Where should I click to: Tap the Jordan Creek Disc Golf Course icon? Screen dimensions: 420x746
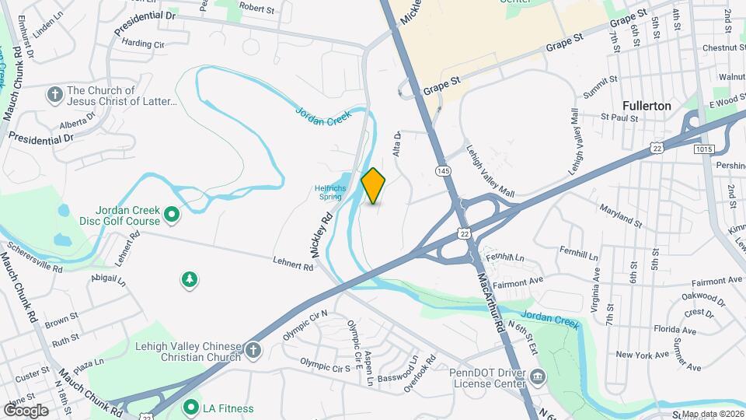coord(173,212)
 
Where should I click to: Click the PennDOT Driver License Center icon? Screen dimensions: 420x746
coord(538,379)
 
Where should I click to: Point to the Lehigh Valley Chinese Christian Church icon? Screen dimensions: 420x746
coord(253,350)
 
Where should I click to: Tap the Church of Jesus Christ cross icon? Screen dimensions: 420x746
coord(54,95)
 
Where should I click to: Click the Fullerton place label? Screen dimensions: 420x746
coord(647,105)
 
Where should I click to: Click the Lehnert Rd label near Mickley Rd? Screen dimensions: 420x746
coord(292,264)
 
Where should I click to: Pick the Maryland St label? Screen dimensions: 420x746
coord(620,217)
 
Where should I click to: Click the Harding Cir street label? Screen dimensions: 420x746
coord(144,45)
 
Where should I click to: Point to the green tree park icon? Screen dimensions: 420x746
coord(188,279)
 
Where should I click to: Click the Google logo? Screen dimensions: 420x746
coord(26,410)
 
